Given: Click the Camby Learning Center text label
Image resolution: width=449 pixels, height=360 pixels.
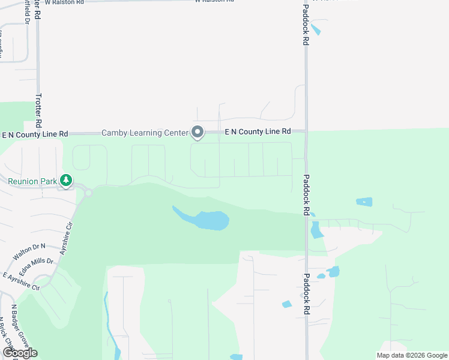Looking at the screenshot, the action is coord(145,132).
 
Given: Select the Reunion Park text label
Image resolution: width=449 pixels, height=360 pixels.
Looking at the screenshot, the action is coord(32,181).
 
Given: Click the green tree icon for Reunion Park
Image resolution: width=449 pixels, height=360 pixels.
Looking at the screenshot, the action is coord(65,180).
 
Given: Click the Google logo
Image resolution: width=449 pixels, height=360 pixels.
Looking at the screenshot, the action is coord(19,353).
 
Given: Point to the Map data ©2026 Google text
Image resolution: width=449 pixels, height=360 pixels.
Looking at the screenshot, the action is coord(412,355).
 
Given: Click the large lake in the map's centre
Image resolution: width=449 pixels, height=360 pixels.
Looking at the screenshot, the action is coord(207,220).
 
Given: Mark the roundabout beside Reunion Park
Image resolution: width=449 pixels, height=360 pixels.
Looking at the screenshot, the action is coord(88,193).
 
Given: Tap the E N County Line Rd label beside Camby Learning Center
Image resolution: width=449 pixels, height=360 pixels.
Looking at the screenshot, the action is coord(258,131).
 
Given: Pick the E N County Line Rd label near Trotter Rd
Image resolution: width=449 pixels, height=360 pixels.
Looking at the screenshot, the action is coord(35,135).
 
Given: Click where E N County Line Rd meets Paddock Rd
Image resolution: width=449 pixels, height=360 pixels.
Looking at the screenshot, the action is coord(306,131).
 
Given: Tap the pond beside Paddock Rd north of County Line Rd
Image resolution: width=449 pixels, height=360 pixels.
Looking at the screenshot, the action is coord(316,28).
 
